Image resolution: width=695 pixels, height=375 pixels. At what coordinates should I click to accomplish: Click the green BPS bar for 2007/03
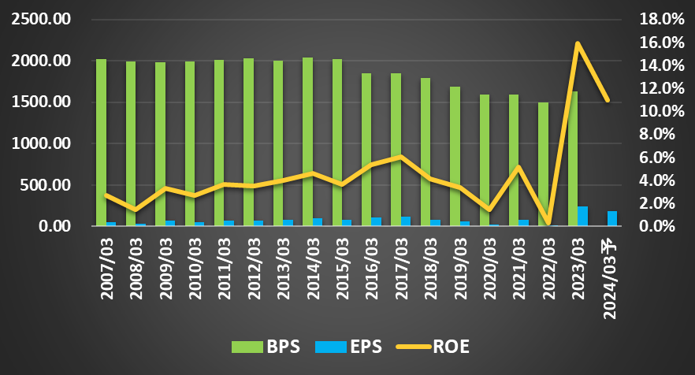point(101,143)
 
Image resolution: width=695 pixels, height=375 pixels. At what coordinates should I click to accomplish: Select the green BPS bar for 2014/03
point(307,142)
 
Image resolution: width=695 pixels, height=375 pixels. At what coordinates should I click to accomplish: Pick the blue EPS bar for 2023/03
point(582,217)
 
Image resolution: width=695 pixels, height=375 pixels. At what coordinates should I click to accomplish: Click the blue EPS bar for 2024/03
point(612,218)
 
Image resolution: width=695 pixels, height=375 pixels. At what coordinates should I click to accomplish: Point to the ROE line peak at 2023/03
point(578,43)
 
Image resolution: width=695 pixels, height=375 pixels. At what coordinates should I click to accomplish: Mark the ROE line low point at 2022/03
point(548,223)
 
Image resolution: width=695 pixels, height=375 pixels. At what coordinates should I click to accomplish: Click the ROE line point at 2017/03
point(401,157)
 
